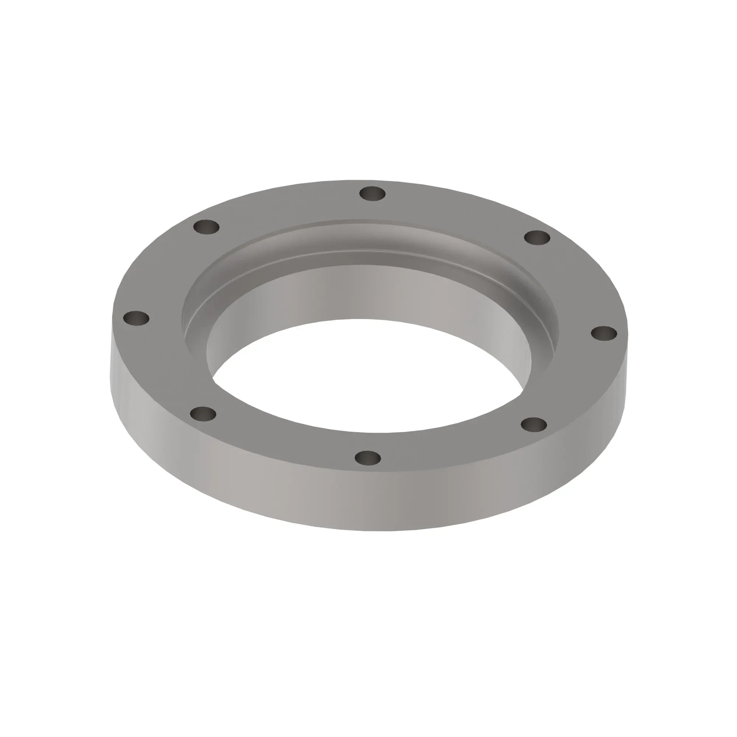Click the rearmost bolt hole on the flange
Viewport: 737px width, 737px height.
click(372, 193)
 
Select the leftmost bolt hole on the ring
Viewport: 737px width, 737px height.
click(137, 318)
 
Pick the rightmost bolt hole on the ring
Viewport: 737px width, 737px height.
click(604, 333)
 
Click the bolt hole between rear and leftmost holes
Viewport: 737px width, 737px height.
click(206, 227)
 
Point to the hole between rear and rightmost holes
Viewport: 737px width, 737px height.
click(537, 238)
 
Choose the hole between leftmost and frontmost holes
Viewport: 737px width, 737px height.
click(203, 413)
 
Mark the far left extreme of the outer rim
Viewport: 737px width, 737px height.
click(111, 366)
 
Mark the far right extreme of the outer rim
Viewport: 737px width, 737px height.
click(628, 366)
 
